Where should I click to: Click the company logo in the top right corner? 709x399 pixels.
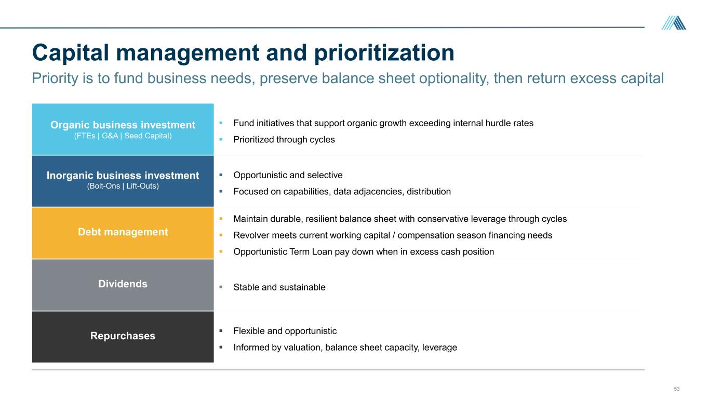pos(674,23)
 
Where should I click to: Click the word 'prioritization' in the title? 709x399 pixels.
pos(384,53)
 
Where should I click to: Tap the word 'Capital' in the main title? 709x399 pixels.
pos(71,53)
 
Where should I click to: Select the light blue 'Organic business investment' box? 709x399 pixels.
pos(123,129)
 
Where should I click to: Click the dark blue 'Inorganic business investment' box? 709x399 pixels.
pos(123,181)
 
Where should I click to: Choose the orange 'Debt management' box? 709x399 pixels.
pos(123,233)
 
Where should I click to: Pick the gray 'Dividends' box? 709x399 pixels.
pos(123,285)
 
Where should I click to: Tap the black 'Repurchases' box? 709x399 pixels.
pos(123,337)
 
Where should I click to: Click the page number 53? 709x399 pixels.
pos(677,389)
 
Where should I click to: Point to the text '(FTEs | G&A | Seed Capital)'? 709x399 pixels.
pos(123,136)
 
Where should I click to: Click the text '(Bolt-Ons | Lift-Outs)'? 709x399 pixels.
pos(123,186)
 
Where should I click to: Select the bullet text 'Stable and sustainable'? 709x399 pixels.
pos(279,287)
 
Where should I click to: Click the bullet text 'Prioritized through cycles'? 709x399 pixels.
pos(284,140)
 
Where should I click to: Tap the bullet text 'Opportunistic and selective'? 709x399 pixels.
pos(288,175)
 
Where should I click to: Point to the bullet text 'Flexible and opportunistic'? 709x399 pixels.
pos(285,331)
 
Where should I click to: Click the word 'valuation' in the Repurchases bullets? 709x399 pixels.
pos(303,348)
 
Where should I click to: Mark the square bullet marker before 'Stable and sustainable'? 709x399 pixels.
pos(221,287)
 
